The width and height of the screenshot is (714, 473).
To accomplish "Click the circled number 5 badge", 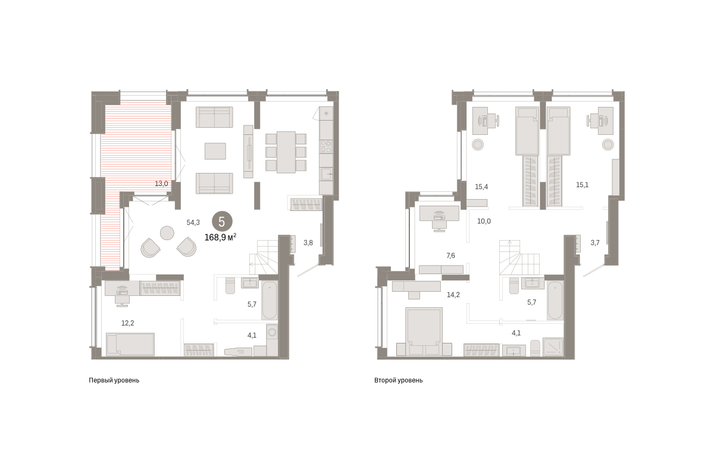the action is [222, 222].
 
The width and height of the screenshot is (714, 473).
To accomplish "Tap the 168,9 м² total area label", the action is [220, 237].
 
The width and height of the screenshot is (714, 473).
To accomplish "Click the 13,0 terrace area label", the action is [161, 184].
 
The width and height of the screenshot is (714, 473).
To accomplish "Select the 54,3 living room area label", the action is [193, 222].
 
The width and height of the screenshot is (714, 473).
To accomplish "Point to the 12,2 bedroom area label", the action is [127, 323].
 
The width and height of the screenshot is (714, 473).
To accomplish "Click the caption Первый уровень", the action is [114, 380].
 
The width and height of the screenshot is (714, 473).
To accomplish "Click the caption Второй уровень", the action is [398, 380].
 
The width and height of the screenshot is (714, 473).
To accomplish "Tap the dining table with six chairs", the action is [286, 152].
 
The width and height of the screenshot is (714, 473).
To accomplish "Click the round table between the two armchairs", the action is [167, 233].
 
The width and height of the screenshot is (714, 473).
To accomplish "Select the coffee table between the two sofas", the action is [215, 151].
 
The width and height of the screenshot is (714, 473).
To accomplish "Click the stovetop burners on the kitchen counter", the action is [326, 147].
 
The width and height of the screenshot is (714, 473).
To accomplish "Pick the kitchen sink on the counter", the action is [327, 175].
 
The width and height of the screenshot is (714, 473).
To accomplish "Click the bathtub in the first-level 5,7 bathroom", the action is [270, 300].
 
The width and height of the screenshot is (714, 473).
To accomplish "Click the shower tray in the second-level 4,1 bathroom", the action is [553, 346].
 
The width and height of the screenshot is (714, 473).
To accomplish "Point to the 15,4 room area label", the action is [481, 187].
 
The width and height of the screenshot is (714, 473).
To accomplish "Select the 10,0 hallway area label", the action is [484, 221].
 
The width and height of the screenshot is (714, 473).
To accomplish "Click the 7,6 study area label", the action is [451, 256].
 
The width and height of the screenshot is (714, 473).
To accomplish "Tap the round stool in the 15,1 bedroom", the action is [608, 144].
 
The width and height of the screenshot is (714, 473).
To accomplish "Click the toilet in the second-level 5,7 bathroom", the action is [514, 285].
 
